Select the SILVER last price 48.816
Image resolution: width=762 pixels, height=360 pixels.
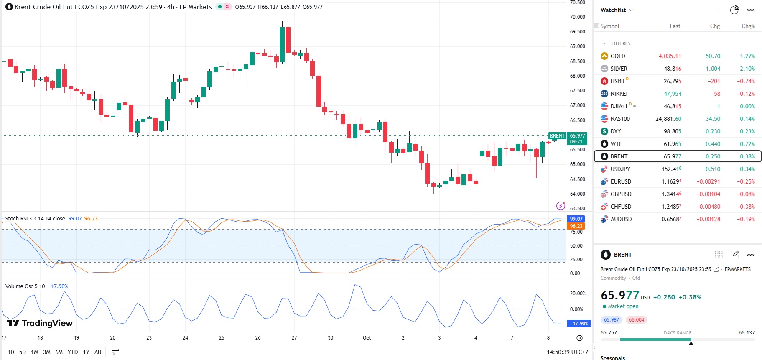point(672,69)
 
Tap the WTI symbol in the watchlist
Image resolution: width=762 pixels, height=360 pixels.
point(615,144)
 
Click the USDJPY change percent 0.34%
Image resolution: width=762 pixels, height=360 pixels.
point(747,169)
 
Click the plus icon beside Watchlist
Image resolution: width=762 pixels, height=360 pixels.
point(719,10)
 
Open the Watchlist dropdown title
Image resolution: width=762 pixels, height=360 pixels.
point(616,10)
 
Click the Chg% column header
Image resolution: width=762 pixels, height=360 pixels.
point(748,26)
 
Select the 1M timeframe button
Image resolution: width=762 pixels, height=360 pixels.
point(35,352)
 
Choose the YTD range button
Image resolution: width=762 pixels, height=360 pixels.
point(73,352)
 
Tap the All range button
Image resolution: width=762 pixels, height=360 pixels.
point(98,352)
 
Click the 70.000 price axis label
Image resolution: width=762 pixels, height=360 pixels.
point(577,17)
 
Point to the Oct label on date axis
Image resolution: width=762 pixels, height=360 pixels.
point(367,338)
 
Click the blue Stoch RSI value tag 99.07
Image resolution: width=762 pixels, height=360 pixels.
point(576,219)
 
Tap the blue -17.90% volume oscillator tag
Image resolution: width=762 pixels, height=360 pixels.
point(579,323)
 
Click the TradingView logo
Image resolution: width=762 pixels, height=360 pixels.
point(40,323)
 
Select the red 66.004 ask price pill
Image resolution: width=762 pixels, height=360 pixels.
point(636,320)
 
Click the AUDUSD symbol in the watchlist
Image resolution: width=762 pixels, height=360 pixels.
point(621,219)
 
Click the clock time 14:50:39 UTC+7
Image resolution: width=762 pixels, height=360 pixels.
point(567,352)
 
